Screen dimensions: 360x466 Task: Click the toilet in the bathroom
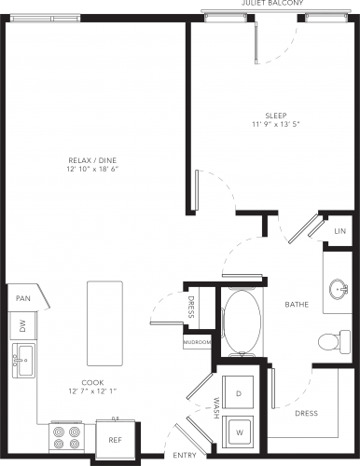[334, 342]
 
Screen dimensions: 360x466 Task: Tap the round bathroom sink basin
[338, 289]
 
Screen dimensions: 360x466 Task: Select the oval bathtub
[242, 322]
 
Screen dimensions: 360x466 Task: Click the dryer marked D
[238, 393]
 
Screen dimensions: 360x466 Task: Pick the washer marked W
[239, 432]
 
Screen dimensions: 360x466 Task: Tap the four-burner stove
[66, 437]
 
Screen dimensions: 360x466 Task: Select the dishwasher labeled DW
[22, 326]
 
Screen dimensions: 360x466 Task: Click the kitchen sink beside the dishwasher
[23, 361]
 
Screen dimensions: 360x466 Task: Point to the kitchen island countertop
[104, 323]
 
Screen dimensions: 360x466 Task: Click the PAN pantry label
[23, 298]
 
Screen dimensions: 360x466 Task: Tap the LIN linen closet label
[340, 231]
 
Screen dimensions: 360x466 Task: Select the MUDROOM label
[198, 342]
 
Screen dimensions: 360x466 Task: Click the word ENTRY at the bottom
[185, 455]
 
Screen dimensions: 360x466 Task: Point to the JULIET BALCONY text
[272, 3]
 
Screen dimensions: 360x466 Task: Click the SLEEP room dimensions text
[276, 124]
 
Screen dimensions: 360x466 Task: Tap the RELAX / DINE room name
[92, 160]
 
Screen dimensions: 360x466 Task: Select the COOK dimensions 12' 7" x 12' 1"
[92, 391]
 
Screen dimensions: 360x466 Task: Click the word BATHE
[297, 304]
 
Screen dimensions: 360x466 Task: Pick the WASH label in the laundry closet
[216, 407]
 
